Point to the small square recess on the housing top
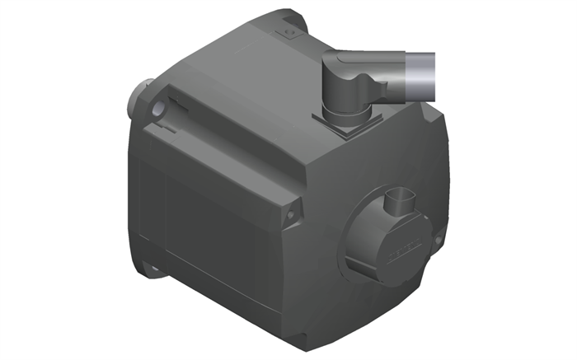click(288, 33)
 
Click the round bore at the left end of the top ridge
click(157, 110)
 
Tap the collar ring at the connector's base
click(341, 110)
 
